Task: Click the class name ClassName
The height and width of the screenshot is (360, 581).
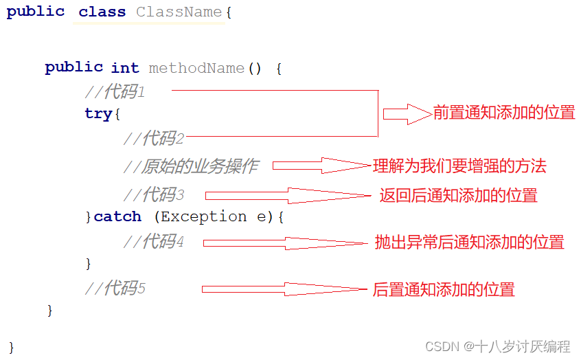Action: (179, 12)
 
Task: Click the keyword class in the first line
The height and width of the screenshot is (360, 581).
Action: (102, 12)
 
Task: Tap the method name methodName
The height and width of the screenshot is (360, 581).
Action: (196, 68)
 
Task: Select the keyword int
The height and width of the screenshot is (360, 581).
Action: (125, 68)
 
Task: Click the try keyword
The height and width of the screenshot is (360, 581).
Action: (98, 113)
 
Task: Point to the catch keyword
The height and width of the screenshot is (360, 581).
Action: (117, 216)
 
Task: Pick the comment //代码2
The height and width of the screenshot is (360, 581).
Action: (154, 139)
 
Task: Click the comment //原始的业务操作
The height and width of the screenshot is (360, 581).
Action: (191, 166)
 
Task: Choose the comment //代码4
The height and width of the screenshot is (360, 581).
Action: (154, 242)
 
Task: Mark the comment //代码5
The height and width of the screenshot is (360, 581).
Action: (115, 289)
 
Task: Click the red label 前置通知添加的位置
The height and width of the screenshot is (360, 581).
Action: (504, 113)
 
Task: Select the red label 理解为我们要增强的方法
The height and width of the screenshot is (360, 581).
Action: (459, 166)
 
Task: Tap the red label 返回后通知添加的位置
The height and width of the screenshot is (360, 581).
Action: (458, 195)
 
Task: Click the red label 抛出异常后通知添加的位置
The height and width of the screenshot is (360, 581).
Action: (469, 242)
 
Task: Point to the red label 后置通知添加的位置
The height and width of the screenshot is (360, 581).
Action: (444, 289)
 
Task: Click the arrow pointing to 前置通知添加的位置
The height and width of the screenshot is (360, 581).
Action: (407, 113)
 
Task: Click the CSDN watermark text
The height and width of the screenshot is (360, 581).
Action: (498, 346)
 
